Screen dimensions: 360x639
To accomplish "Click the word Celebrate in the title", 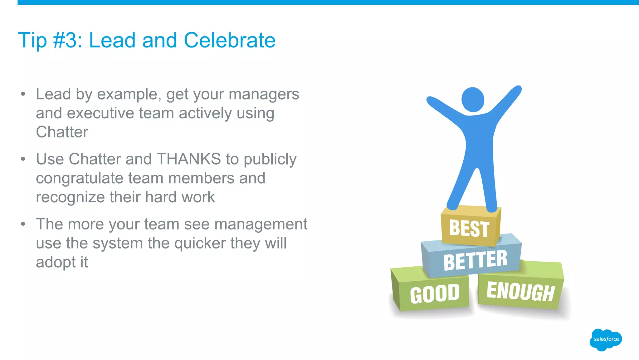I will point(229,40).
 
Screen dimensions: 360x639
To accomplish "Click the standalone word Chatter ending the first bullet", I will point(62,132).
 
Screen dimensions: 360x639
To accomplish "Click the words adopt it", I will point(62,262).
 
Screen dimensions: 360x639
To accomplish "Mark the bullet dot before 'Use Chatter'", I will point(23,159).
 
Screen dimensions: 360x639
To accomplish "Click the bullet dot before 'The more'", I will point(23,224).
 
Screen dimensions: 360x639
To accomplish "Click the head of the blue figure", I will point(472,100).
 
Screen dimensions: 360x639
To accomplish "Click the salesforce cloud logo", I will point(606,339).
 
